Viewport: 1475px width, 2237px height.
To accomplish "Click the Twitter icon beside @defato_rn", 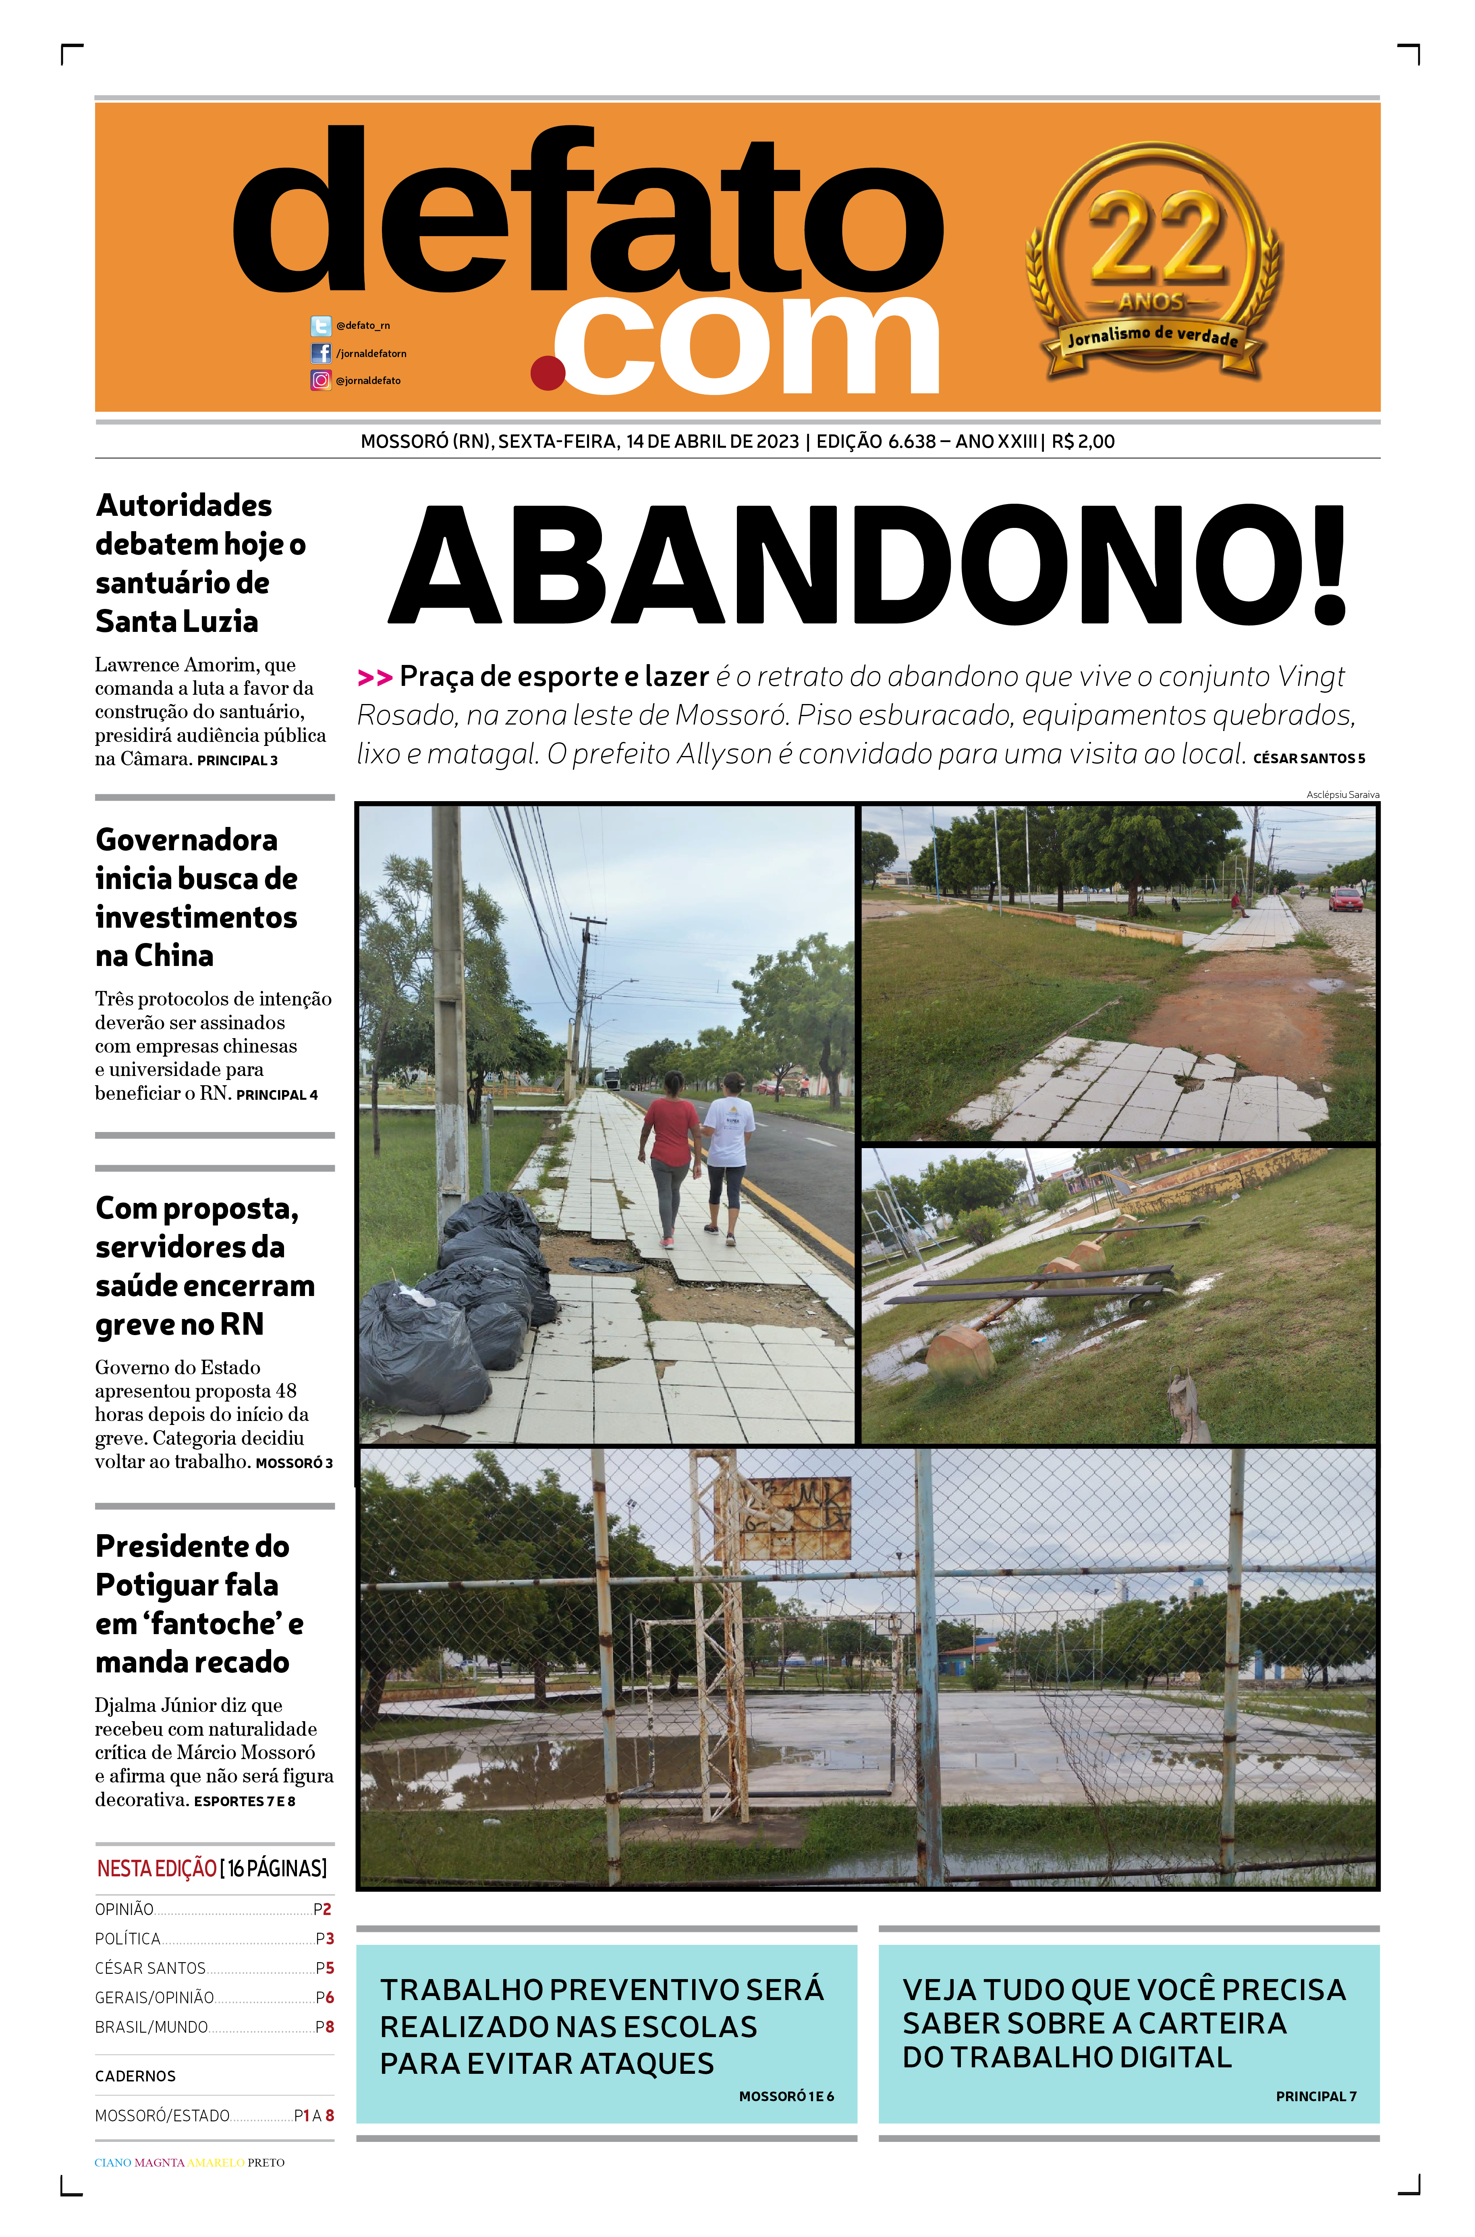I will pyautogui.click(x=321, y=326).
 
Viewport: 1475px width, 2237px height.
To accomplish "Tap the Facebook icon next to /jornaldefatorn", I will pyautogui.click(x=321, y=353).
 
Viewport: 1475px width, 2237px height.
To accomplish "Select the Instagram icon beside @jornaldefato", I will pyautogui.click(x=321, y=380).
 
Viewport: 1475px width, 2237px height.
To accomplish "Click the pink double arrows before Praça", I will pyautogui.click(x=374, y=677).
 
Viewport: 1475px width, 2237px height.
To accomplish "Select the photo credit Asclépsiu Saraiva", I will pyautogui.click(x=1342, y=795).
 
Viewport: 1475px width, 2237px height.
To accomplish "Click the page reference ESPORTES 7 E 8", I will pyautogui.click(x=245, y=1801).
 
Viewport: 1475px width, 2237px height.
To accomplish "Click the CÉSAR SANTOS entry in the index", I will pyautogui.click(x=151, y=1968).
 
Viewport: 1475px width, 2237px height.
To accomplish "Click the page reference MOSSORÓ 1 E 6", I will pyautogui.click(x=786, y=2096).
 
